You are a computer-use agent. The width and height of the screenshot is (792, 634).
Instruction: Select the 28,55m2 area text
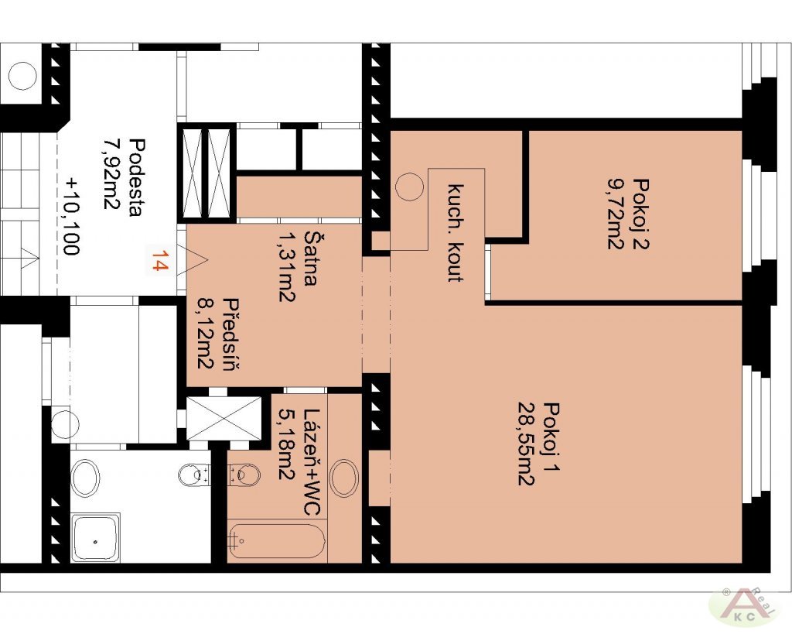pyautogui.click(x=525, y=443)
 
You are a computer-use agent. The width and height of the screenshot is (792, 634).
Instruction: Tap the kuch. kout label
pyautogui.click(x=456, y=233)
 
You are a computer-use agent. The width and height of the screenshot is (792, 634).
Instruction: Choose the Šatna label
pyautogui.click(x=311, y=259)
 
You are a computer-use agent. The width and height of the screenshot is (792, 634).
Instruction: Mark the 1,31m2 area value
pyautogui.click(x=286, y=266)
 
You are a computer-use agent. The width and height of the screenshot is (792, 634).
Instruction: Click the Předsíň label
pyautogui.click(x=230, y=334)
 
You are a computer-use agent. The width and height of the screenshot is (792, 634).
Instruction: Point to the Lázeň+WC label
pyautogui.click(x=312, y=462)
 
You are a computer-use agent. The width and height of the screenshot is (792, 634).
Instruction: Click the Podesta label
pyautogui.click(x=137, y=177)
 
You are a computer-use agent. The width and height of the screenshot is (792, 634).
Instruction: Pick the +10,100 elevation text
pyautogui.click(x=71, y=215)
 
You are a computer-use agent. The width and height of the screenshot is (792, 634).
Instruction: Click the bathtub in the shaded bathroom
pyautogui.click(x=276, y=541)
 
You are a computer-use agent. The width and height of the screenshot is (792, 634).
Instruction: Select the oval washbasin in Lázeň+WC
pyautogui.click(x=344, y=478)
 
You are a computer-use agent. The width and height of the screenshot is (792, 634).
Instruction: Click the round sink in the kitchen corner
pyautogui.click(x=408, y=187)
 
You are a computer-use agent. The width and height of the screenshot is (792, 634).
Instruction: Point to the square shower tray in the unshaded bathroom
pyautogui.click(x=96, y=538)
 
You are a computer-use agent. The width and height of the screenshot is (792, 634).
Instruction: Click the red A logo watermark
pyautogui.click(x=742, y=608)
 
